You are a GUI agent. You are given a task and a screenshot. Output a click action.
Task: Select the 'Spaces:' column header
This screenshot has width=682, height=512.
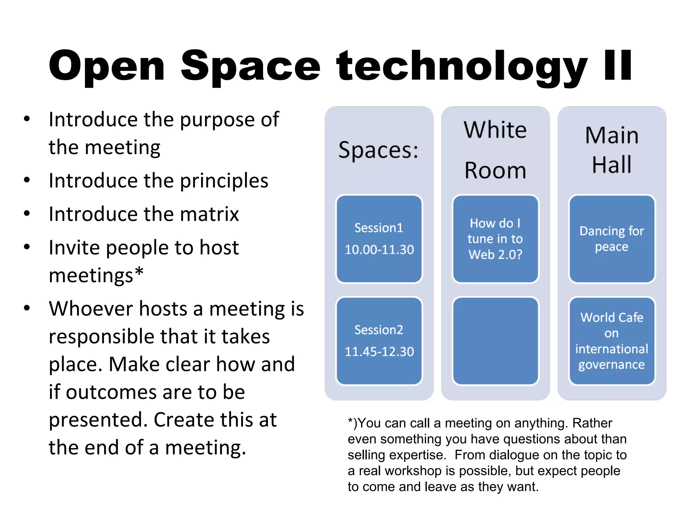coord(379,150)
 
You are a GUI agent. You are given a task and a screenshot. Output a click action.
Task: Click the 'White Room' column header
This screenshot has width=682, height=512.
coord(495,150)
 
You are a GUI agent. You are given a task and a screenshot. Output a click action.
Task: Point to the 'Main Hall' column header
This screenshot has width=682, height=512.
coord(612,150)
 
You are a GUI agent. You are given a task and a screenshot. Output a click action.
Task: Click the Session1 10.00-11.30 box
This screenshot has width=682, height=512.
coord(379,239)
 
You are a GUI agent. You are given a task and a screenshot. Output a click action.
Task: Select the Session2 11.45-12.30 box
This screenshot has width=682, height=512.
coord(379,341)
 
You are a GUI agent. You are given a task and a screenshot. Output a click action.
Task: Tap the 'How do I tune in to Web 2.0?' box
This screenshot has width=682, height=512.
coord(495,239)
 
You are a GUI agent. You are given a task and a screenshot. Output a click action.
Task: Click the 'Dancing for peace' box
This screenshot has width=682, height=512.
coord(612,239)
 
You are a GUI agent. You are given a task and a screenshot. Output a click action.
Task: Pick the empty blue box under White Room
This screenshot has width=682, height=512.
coord(495,341)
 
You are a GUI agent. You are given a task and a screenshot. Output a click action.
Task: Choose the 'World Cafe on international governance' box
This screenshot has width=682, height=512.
coord(612,341)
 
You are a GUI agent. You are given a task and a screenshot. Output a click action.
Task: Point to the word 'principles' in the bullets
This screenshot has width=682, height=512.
coord(224,181)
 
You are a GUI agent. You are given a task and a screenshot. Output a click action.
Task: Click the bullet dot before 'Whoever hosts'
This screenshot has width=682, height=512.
coord(27,308)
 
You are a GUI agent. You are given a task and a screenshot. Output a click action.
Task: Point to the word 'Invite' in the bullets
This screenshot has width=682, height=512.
coord(74,248)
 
